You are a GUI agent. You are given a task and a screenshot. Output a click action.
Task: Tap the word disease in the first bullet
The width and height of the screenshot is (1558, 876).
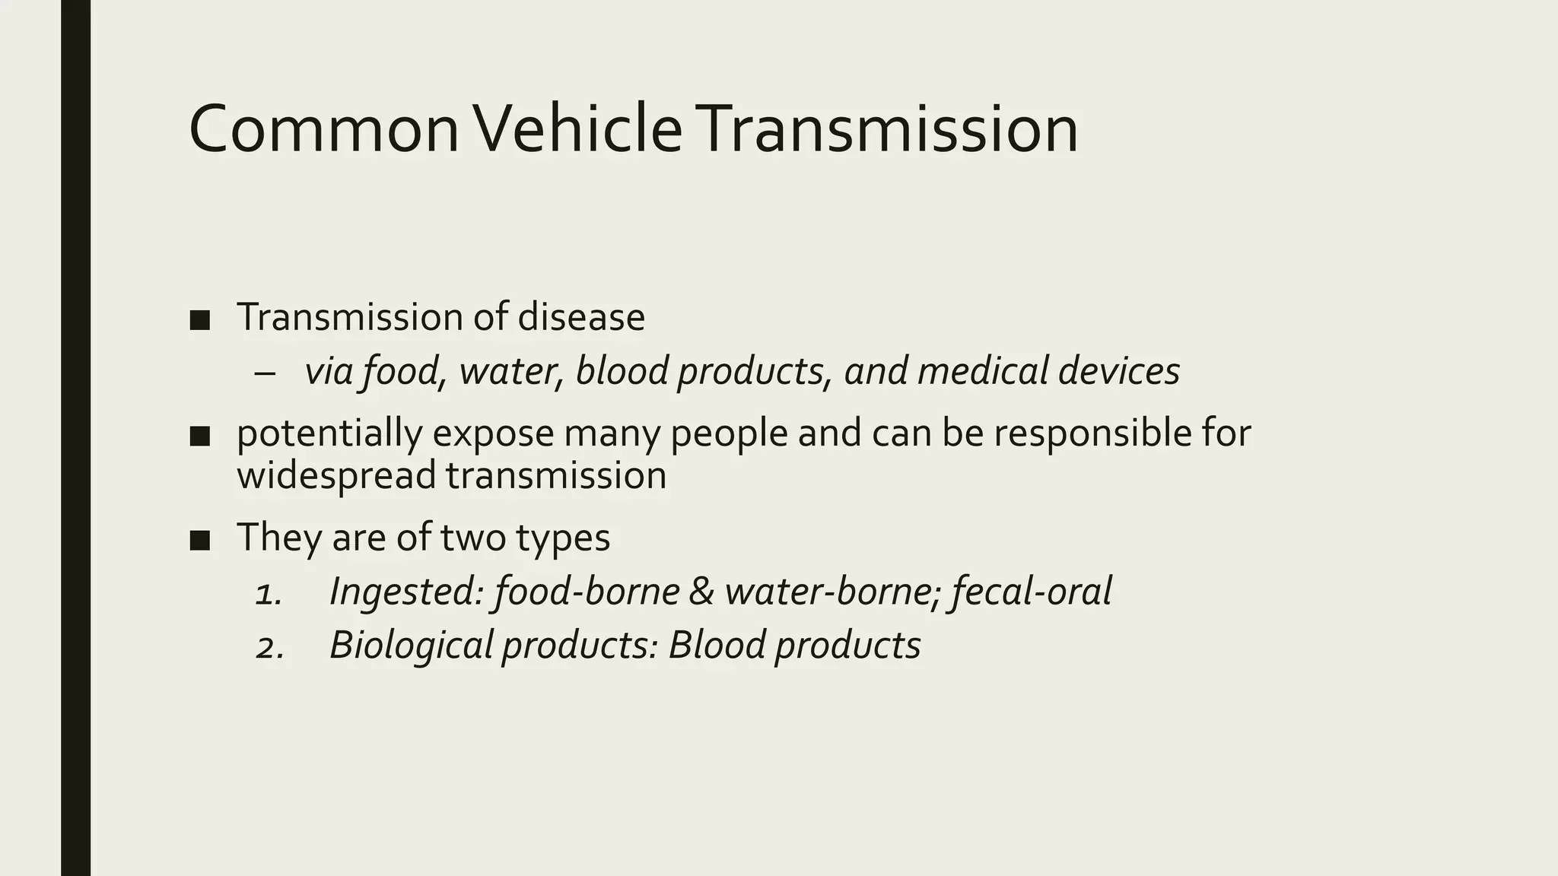(581, 317)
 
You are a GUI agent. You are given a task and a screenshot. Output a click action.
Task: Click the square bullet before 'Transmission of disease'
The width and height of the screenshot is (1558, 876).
(199, 319)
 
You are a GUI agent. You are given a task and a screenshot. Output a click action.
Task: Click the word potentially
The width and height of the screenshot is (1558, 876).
(329, 433)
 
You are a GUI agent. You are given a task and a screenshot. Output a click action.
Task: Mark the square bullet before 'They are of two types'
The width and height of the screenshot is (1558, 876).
(199, 540)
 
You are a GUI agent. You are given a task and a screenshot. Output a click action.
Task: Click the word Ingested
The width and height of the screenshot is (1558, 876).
(406, 592)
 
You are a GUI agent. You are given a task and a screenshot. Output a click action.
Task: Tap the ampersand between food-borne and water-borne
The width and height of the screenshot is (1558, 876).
(701, 592)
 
